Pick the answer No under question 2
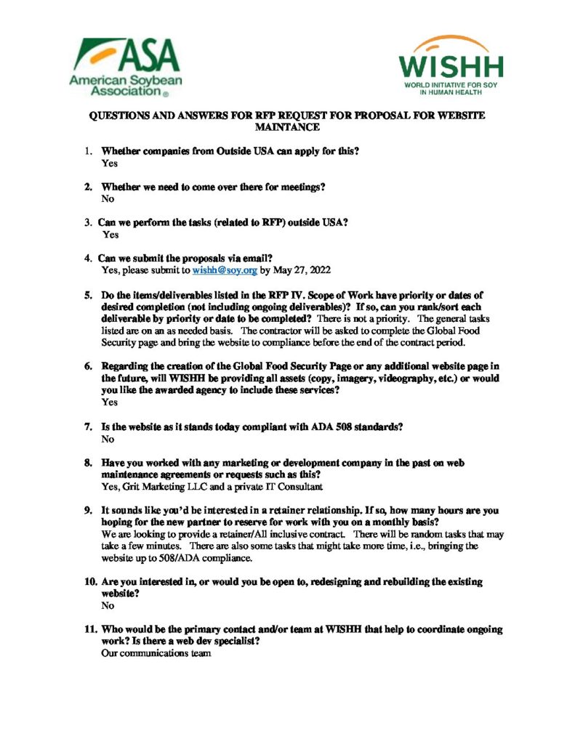[x=108, y=198]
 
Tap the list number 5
[x=87, y=296]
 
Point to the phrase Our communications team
[x=156, y=653]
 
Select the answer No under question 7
[x=108, y=439]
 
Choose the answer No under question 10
[x=108, y=605]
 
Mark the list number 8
[x=87, y=462]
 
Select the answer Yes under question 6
[x=109, y=402]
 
